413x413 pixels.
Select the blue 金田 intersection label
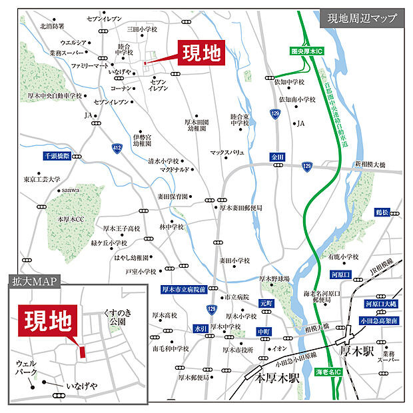coord(278,157)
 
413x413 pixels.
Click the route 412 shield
coord(117,148)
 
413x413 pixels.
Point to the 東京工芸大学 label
coord(41,179)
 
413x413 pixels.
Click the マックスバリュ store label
coord(228,153)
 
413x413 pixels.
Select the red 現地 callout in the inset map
coord(49,322)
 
